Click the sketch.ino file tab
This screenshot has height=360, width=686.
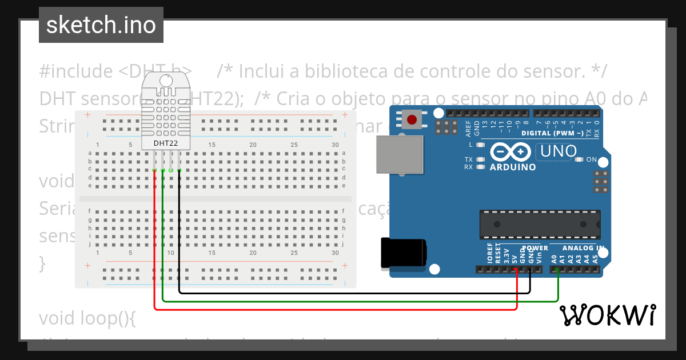pyautogui.click(x=101, y=25)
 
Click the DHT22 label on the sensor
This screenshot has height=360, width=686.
pyautogui.click(x=166, y=143)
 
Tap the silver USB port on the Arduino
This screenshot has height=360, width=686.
pyautogui.click(x=400, y=154)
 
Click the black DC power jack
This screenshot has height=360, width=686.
pyautogui.click(x=404, y=253)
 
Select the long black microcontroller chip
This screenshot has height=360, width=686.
pyautogui.click(x=540, y=225)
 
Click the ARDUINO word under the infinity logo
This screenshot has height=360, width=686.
pyautogui.click(x=513, y=167)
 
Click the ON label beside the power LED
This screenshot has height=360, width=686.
pyautogui.click(x=592, y=159)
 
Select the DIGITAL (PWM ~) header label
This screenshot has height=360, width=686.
pyautogui.click(x=552, y=133)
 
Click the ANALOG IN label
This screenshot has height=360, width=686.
pyautogui.click(x=583, y=248)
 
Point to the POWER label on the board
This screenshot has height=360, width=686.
pyautogui.click(x=535, y=248)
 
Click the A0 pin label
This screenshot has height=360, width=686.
pyautogui.click(x=554, y=258)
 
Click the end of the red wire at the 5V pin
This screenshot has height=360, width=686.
pyautogui.click(x=517, y=270)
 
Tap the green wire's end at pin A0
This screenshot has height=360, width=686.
pyautogui.click(x=558, y=270)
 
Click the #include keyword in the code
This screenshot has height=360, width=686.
pyautogui.click(x=76, y=71)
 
